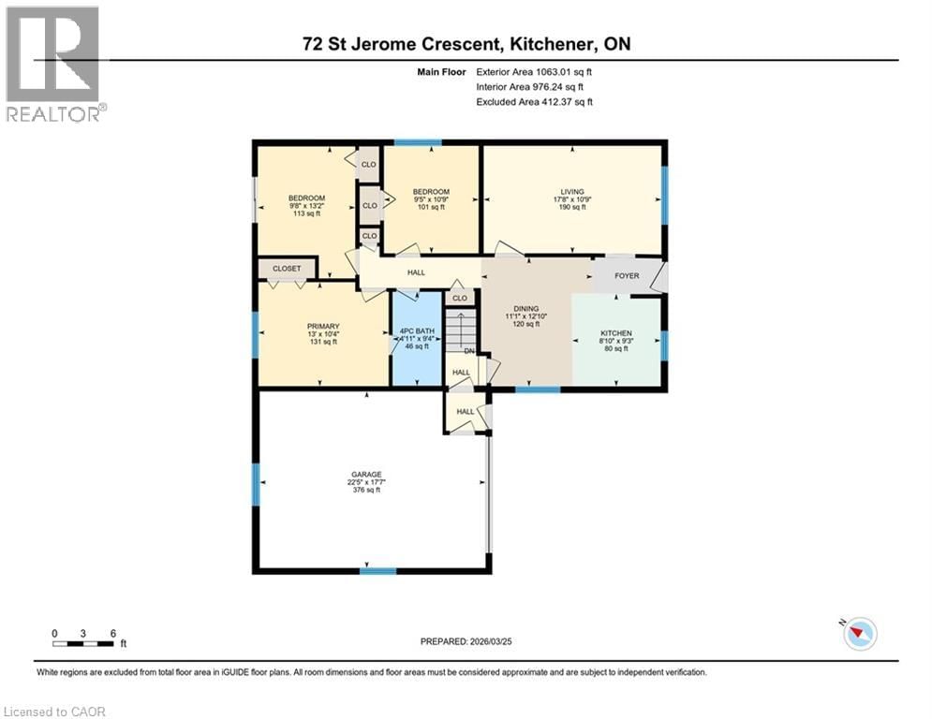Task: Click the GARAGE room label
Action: tap(365, 474)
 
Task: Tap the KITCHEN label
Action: tap(616, 333)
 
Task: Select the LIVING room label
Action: tap(571, 191)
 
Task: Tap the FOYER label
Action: tap(627, 276)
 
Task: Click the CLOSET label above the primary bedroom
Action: tap(287, 269)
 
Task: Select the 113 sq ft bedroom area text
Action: tap(306, 213)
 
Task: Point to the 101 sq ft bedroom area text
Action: tap(431, 208)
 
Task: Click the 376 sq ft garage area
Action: tap(365, 490)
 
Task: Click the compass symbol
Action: tap(858, 634)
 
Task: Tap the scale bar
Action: tap(84, 642)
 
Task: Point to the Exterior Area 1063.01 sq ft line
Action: tap(534, 71)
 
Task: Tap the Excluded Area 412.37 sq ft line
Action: tap(534, 101)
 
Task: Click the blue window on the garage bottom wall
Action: tap(377, 571)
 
